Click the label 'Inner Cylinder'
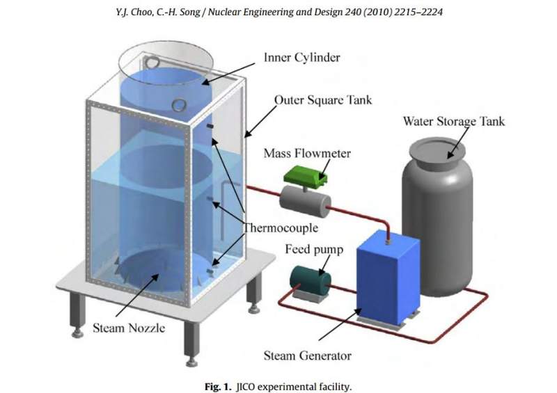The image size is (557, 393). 301,57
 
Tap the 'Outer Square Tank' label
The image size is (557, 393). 323,100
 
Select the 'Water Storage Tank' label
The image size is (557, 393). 454,122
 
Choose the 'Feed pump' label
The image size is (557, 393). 313,250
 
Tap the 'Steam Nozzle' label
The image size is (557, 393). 129,327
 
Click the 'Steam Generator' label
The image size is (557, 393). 308,356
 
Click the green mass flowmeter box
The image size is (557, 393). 307,177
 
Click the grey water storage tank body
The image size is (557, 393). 437,223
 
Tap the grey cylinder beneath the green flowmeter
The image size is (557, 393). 304,203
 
